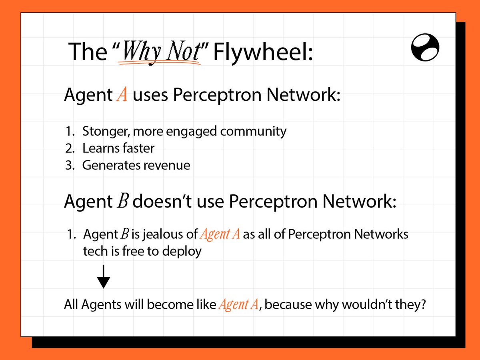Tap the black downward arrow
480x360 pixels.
coord(104,277)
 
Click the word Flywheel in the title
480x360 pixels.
coord(262,52)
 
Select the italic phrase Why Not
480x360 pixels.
coord(160,52)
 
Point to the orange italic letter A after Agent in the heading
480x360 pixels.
coord(122,96)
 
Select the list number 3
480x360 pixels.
coord(69,165)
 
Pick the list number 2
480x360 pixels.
coord(69,148)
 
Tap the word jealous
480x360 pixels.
coord(162,234)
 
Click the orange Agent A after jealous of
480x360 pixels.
coord(220,234)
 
